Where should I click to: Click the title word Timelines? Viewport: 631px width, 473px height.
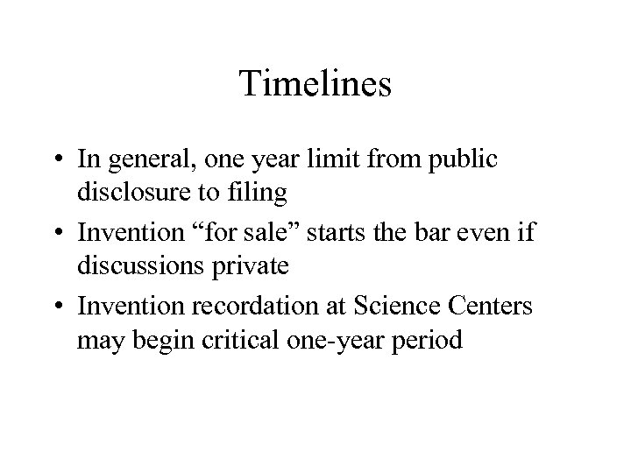(x=315, y=85)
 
